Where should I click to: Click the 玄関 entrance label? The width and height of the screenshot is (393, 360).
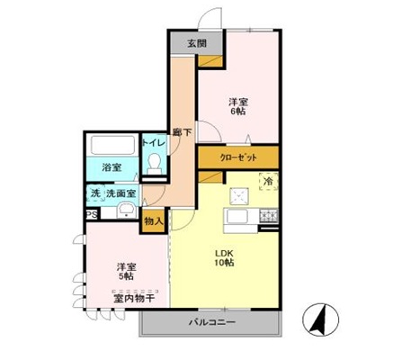(195, 44)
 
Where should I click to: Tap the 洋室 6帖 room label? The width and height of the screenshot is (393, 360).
(237, 108)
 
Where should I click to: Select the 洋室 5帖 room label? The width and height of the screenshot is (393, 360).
(126, 273)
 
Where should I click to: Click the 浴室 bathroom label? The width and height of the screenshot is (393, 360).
(111, 167)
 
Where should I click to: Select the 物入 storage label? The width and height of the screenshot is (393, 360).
(153, 220)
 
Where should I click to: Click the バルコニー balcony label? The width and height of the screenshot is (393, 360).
(213, 321)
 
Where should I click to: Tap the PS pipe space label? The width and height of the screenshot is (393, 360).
(92, 215)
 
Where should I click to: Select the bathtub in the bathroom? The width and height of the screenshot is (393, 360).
(112, 146)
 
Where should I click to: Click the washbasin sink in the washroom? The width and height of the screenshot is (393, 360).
(126, 213)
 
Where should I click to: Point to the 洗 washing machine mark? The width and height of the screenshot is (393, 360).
(94, 193)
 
